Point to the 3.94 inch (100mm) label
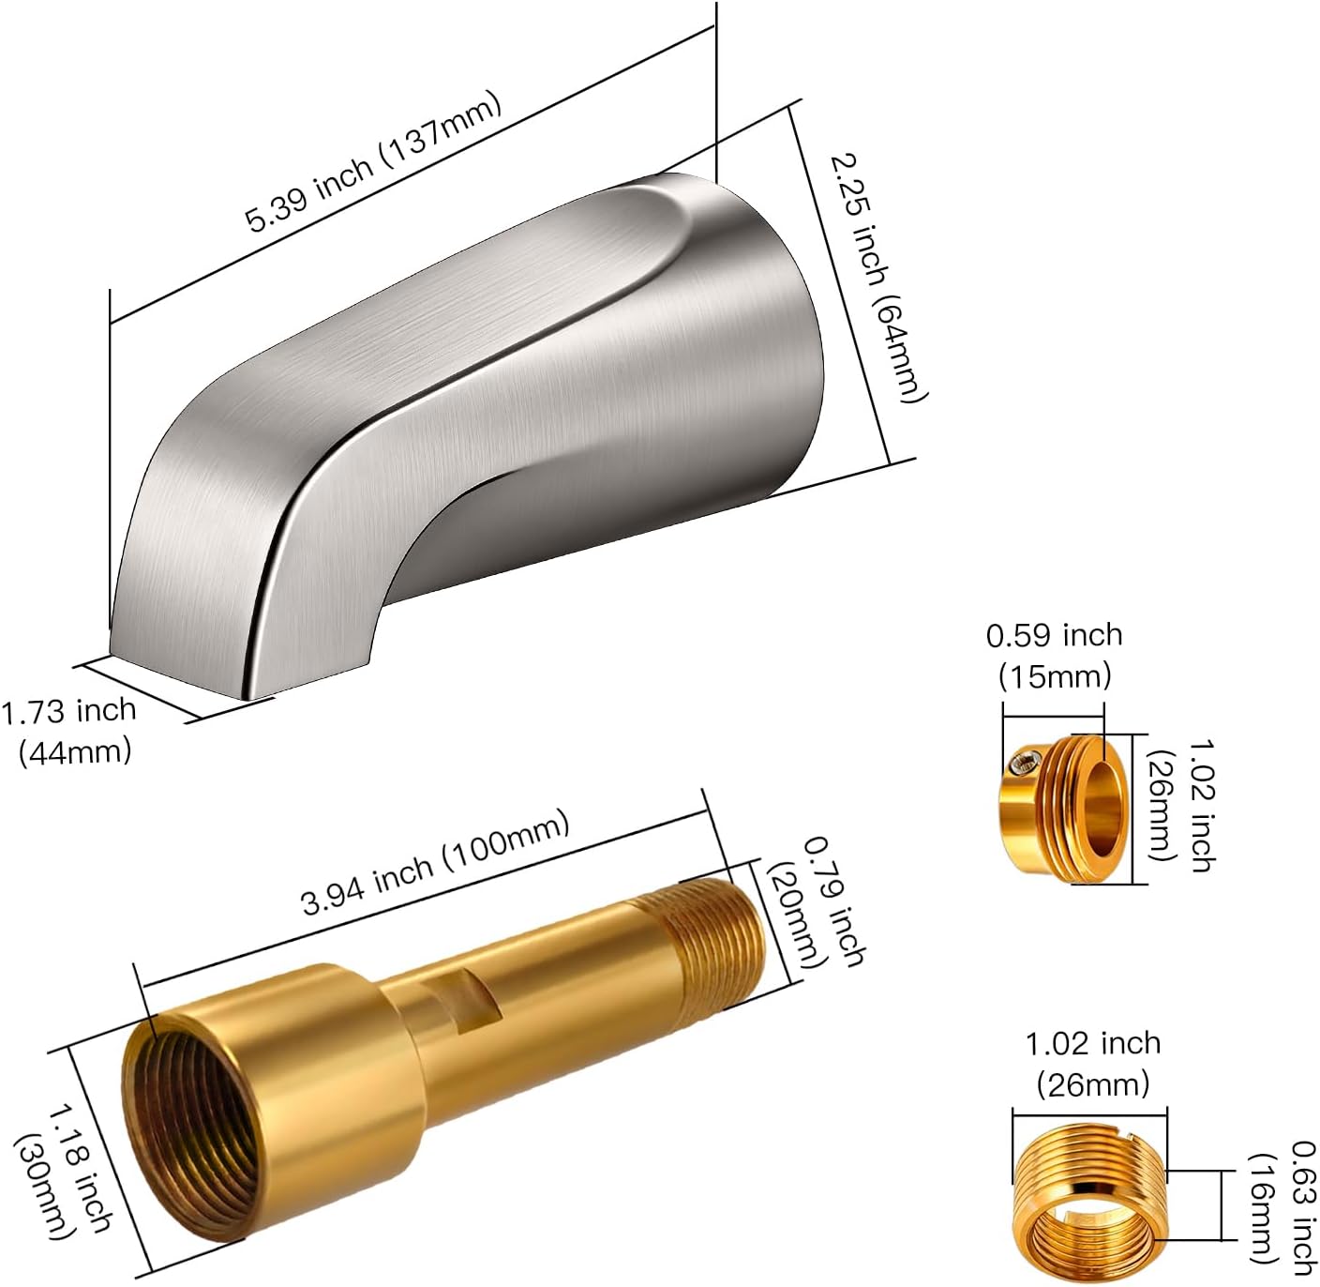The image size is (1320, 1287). click(x=436, y=865)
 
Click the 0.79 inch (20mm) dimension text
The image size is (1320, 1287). click(x=814, y=905)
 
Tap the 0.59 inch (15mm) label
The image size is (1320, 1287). click(x=1055, y=655)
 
